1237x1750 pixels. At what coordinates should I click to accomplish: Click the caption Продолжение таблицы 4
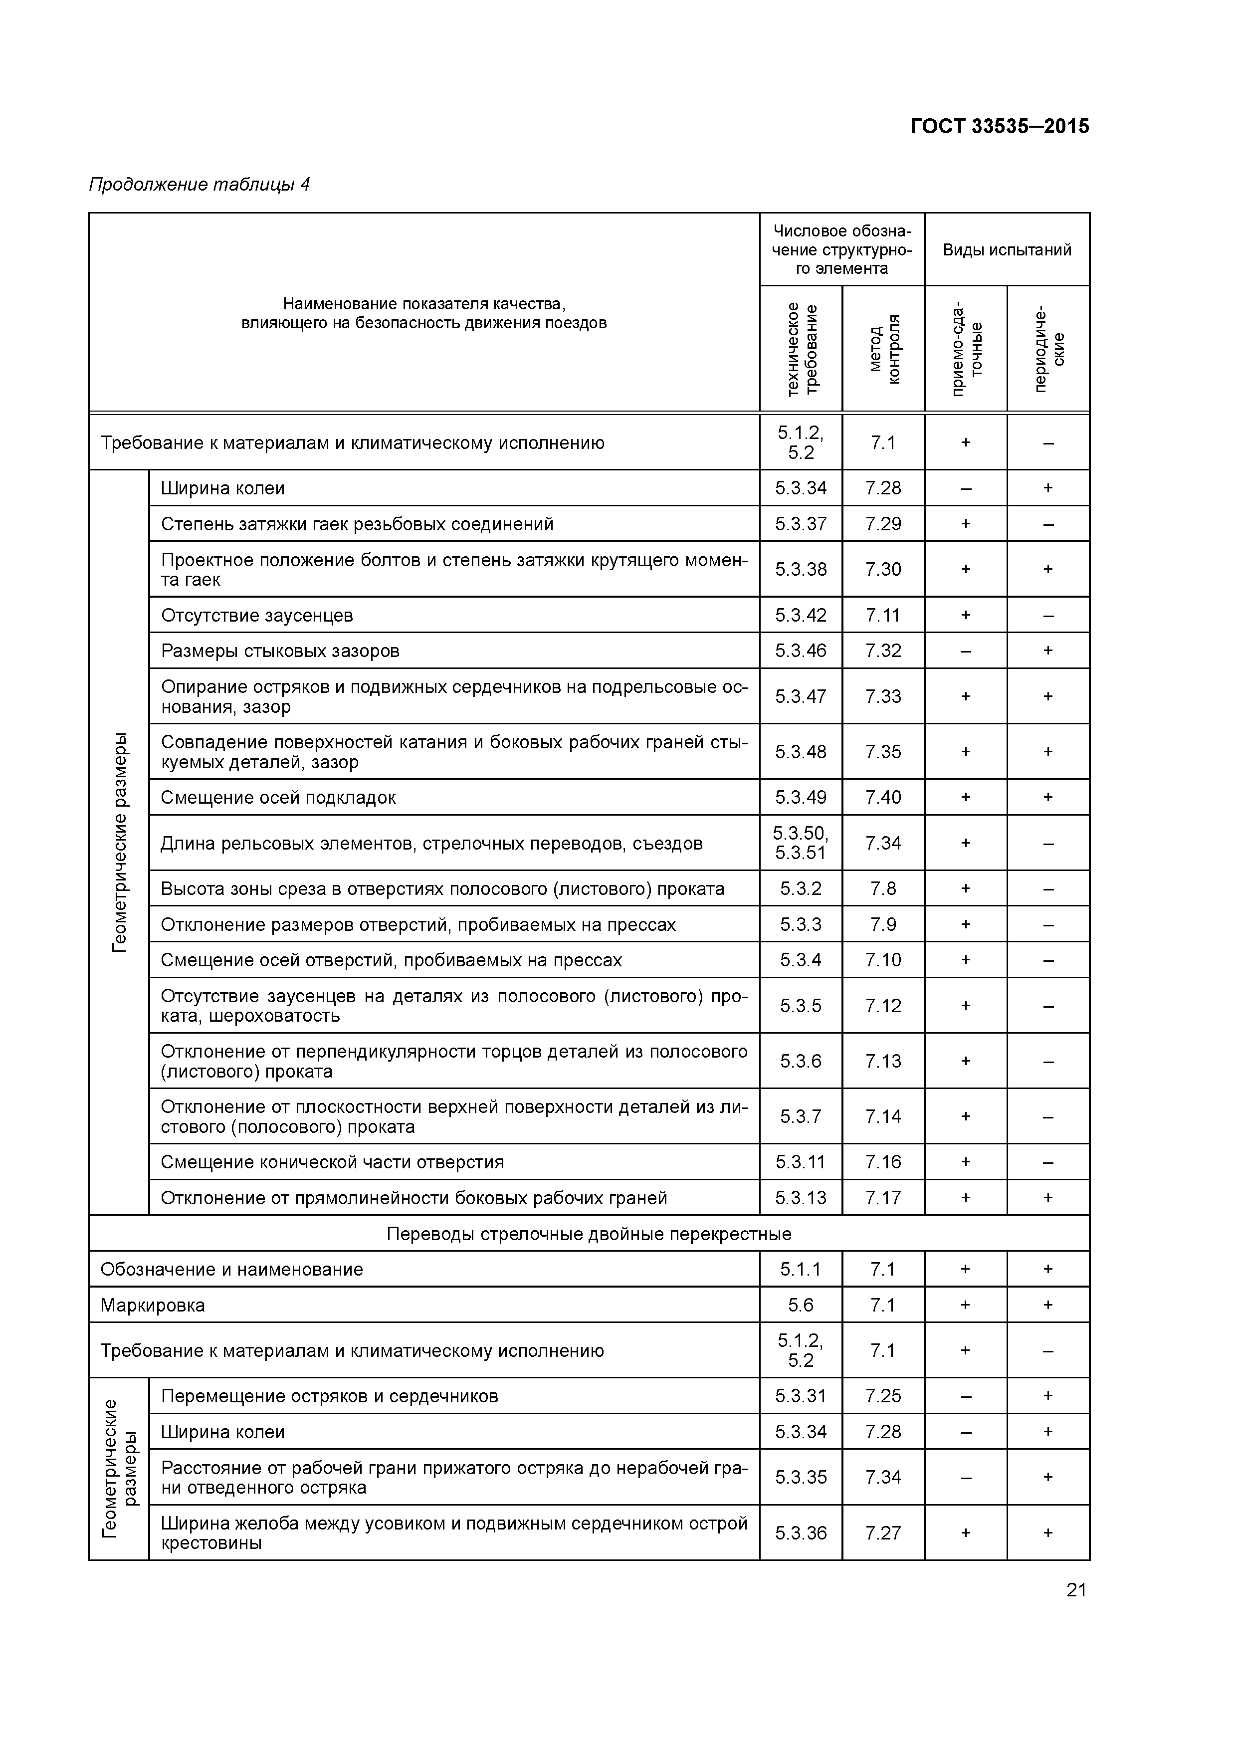[x=200, y=185]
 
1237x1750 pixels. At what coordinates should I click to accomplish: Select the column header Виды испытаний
[x=1007, y=250]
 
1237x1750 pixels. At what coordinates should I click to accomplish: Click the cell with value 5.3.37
[x=800, y=524]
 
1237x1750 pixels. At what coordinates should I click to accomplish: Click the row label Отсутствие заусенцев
[x=257, y=615]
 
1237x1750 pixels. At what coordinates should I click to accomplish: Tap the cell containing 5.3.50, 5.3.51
[x=800, y=843]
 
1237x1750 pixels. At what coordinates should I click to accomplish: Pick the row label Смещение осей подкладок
[x=278, y=797]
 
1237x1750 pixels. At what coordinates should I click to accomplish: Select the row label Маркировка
[x=153, y=1306]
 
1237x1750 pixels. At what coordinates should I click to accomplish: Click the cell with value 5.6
[x=800, y=1306]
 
